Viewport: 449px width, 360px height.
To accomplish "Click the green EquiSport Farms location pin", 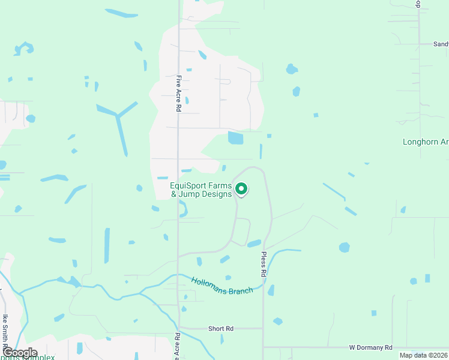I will (x=241, y=189).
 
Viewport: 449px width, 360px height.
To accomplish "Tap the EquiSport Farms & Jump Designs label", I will (x=201, y=190).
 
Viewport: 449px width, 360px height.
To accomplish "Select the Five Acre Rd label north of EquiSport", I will (x=179, y=93).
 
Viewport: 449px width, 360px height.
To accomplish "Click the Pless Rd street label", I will (x=263, y=263).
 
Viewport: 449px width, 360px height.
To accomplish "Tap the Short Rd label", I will (x=220, y=329).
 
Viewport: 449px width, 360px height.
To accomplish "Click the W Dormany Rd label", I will (x=371, y=347).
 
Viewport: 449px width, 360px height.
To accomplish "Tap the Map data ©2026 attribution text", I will (x=423, y=355).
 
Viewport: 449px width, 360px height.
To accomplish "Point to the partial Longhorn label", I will (x=425, y=142).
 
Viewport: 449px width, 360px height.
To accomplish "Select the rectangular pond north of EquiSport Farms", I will (x=235, y=138).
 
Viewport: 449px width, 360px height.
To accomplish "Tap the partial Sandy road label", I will (x=441, y=44).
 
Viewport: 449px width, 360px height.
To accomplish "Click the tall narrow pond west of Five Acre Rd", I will (x=107, y=245).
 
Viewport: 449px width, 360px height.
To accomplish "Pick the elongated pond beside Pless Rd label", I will (x=254, y=244).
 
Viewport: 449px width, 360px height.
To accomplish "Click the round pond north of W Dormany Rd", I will (x=344, y=247).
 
